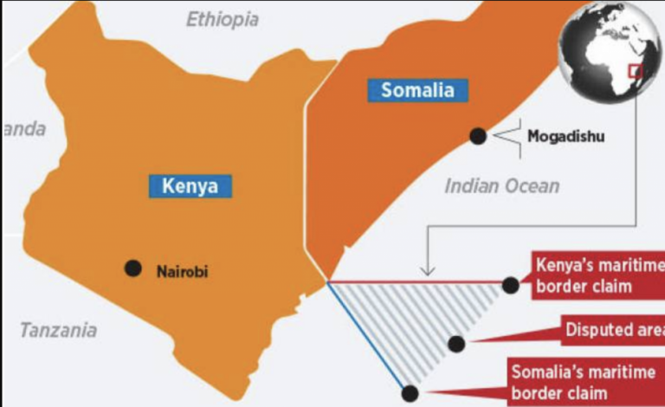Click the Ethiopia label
[x=223, y=19]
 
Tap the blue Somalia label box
[x=412, y=89]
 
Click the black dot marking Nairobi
[x=132, y=268]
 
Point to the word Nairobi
[x=182, y=271]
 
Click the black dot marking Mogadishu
[x=476, y=136]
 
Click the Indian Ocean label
[x=502, y=185]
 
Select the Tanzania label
[x=58, y=330]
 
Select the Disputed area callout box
[x=610, y=329]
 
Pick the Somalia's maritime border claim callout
[x=584, y=381]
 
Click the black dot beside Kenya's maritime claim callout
[x=511, y=284]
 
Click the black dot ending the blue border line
[x=410, y=393]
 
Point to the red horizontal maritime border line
[x=416, y=282]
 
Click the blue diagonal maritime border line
[x=368, y=338]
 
